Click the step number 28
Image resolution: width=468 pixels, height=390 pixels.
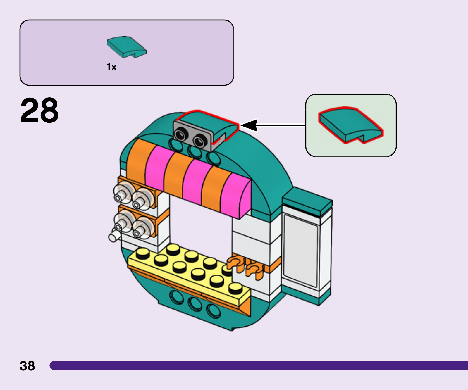point(39,111)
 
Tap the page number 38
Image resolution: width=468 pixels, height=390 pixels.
point(27,366)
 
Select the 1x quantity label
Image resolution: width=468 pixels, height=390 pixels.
point(112,67)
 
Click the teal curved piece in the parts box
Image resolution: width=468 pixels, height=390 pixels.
point(126,47)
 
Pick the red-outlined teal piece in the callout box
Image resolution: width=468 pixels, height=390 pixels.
point(350,125)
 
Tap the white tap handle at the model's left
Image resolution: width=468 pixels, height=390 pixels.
point(114,236)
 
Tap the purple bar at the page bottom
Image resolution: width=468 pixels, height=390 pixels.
point(259,365)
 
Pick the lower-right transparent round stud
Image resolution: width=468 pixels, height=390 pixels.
point(143,228)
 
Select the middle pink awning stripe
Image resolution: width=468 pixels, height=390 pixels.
point(193,181)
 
